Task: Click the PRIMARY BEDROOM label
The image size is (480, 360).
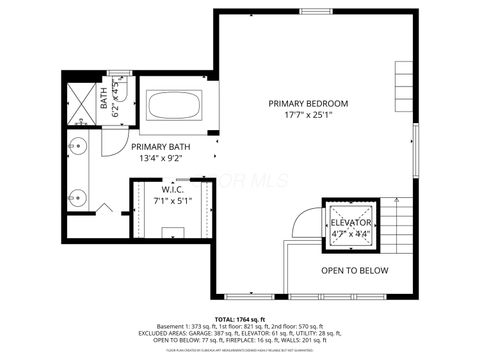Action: (308, 103)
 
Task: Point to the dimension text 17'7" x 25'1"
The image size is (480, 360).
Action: (308, 115)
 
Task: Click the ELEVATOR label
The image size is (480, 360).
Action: (351, 222)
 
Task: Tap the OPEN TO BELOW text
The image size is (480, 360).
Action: (352, 270)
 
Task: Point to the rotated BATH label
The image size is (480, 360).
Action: (104, 100)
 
